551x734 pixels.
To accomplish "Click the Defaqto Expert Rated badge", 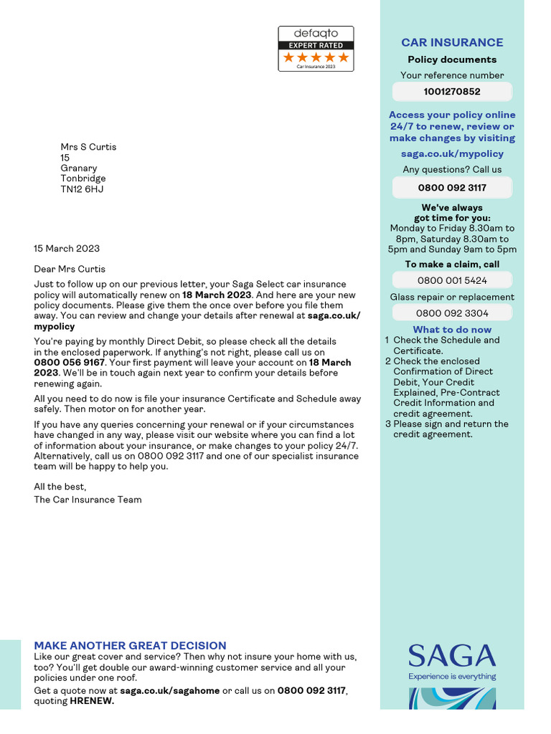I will click(316, 49).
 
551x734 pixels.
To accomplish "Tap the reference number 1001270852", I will click(452, 92).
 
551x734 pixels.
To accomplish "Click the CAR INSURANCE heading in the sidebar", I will click(452, 42).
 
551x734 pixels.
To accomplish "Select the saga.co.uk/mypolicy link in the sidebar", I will click(452, 153).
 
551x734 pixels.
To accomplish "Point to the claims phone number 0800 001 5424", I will click(452, 280).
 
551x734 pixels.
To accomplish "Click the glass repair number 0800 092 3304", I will click(452, 313).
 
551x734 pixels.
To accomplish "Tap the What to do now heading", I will click(452, 330).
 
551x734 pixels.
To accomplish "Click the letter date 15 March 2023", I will click(67, 249).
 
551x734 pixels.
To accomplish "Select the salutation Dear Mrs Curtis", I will click(70, 270).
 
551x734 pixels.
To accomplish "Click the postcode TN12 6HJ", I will click(82, 189).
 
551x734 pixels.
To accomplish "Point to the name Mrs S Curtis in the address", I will click(88, 147).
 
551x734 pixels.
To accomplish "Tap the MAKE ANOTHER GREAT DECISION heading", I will click(130, 646).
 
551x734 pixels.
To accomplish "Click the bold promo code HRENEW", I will click(91, 701).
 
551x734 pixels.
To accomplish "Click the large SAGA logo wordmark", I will click(452, 656).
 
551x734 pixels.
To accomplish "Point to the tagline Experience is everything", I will click(452, 676).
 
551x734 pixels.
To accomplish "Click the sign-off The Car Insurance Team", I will click(88, 500).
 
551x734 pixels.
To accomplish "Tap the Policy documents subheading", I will click(452, 59).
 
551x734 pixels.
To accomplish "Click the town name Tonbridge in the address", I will click(83, 178).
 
